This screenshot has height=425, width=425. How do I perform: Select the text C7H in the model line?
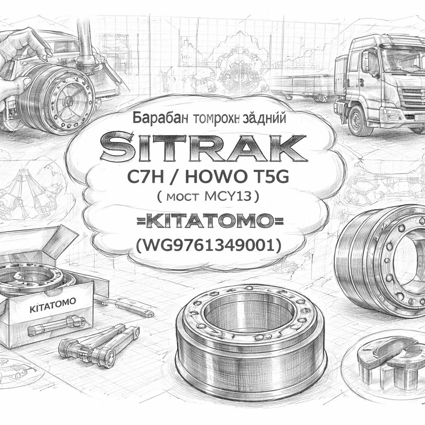146,178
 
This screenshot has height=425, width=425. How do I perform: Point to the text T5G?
269,178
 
